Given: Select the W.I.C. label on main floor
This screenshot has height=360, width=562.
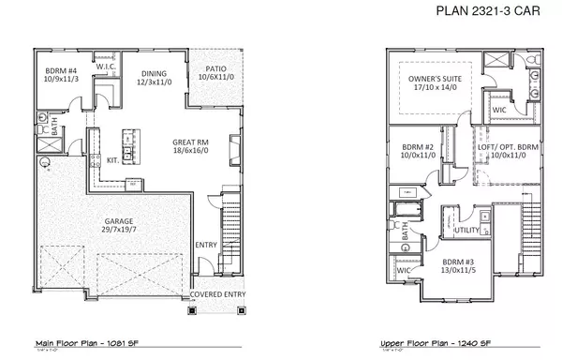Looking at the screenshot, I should [x=105, y=67].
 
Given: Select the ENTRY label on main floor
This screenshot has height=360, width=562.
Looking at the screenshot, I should [x=205, y=246].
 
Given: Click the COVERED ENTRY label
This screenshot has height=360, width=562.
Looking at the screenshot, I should [x=218, y=293].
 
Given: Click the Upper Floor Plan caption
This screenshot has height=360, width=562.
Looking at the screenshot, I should [x=434, y=344].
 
